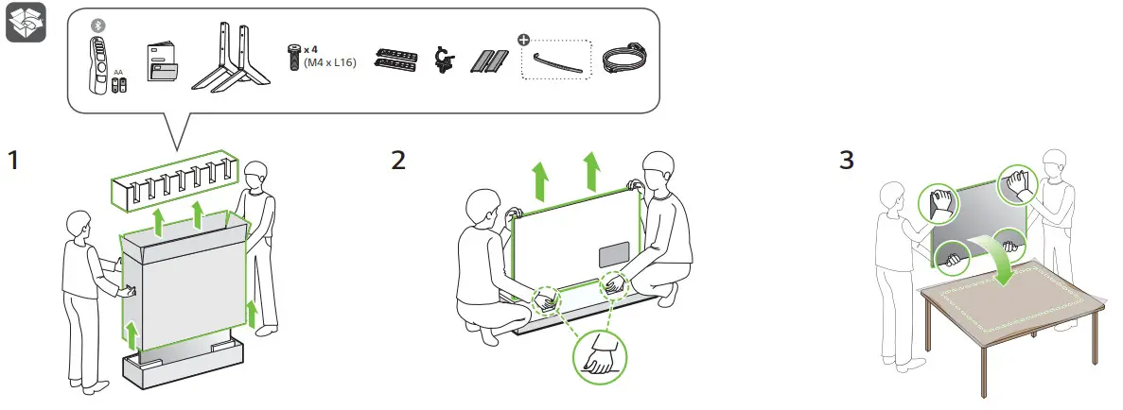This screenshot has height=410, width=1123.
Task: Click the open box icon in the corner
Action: [26, 27]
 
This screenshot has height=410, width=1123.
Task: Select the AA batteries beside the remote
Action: [118, 85]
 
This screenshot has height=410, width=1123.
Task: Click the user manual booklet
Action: [162, 64]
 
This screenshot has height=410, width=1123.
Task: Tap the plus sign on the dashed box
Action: [523, 40]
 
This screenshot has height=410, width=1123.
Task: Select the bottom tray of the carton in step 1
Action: [180, 371]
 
